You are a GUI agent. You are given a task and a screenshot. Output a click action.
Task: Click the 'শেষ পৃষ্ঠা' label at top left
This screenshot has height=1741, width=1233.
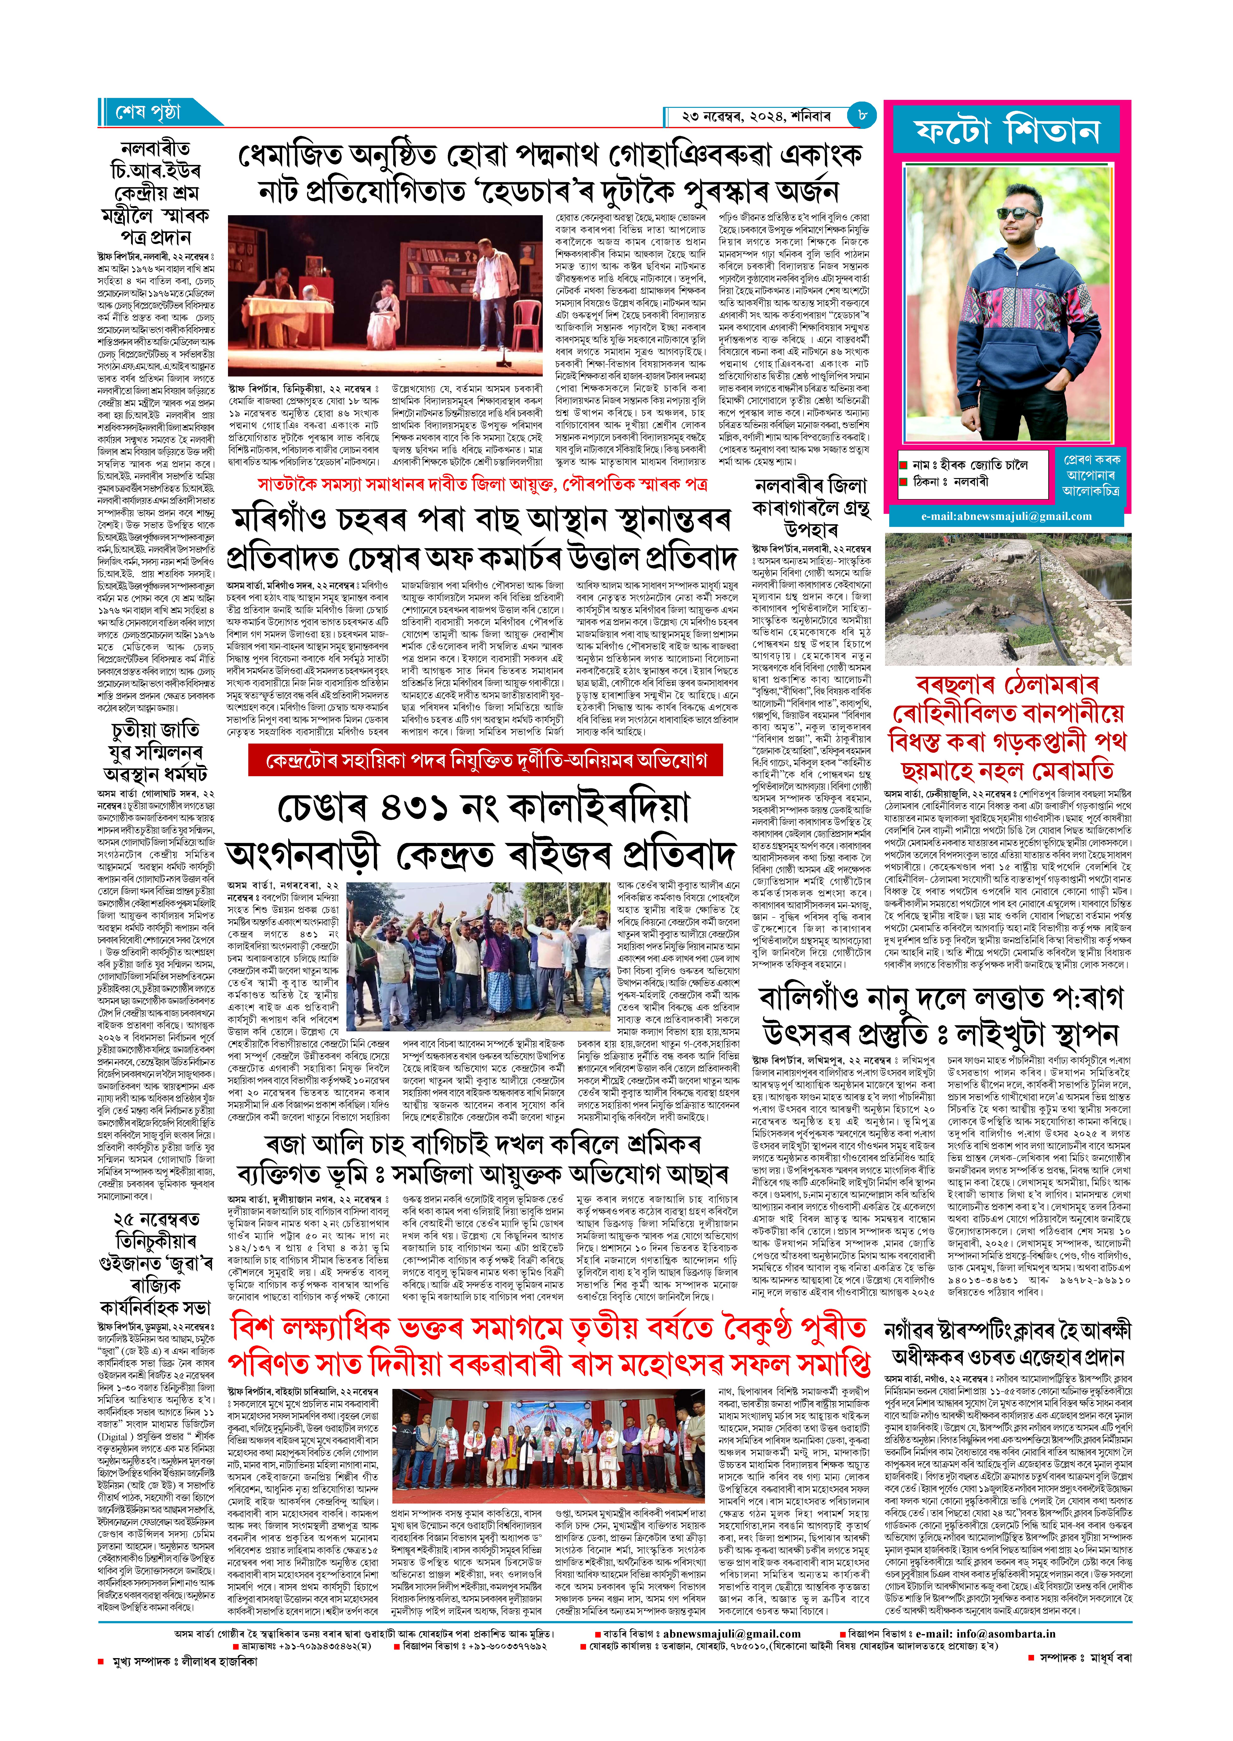click(x=149, y=113)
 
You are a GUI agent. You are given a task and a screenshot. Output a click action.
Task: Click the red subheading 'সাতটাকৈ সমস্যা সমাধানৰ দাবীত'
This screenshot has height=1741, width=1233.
click(x=482, y=484)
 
